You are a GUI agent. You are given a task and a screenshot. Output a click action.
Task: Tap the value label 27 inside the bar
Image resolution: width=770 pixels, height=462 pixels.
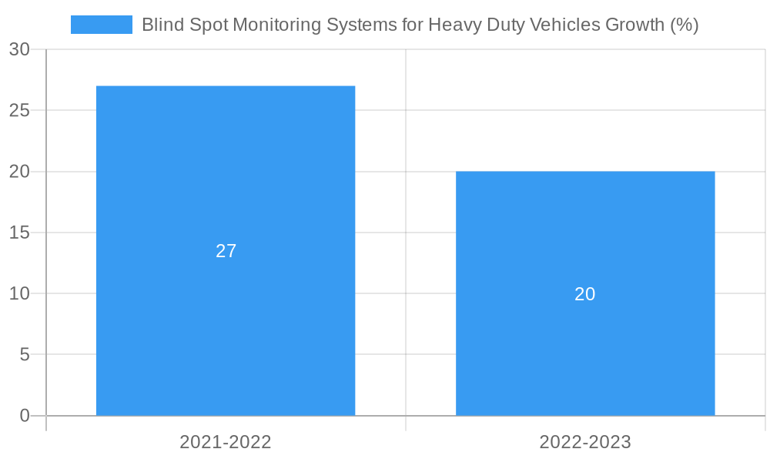(x=226, y=251)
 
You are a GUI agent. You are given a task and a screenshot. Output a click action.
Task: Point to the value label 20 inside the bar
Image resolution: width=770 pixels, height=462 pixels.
(x=585, y=294)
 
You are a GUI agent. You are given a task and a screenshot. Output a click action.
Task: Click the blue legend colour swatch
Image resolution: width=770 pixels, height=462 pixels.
(x=101, y=25)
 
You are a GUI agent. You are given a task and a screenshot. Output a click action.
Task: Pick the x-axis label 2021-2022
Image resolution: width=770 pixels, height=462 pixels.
(x=226, y=442)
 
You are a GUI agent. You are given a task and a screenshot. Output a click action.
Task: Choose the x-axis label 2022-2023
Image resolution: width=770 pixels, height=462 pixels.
(x=585, y=442)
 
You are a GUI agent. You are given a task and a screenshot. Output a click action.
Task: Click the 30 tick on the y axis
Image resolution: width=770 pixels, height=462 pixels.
(x=19, y=50)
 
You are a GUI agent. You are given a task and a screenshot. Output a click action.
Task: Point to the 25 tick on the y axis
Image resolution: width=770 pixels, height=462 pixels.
(x=19, y=111)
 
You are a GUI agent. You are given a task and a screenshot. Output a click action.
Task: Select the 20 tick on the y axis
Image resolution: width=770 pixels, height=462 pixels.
(x=19, y=172)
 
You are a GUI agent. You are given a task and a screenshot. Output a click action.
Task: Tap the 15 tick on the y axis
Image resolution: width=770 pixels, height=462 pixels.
(x=19, y=233)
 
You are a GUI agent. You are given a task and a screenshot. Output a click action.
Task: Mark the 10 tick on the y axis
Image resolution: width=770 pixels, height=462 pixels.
(x=19, y=293)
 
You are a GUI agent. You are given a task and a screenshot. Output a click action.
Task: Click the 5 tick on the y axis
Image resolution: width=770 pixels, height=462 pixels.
(x=24, y=355)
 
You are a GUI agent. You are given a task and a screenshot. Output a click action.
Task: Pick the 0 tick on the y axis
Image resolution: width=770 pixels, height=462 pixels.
(x=24, y=416)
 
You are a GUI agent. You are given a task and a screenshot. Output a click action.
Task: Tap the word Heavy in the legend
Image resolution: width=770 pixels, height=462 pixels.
(x=452, y=25)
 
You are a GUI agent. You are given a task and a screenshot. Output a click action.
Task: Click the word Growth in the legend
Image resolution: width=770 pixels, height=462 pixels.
(x=634, y=25)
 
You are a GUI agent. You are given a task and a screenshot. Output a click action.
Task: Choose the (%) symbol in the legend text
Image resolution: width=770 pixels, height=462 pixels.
(x=685, y=25)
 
